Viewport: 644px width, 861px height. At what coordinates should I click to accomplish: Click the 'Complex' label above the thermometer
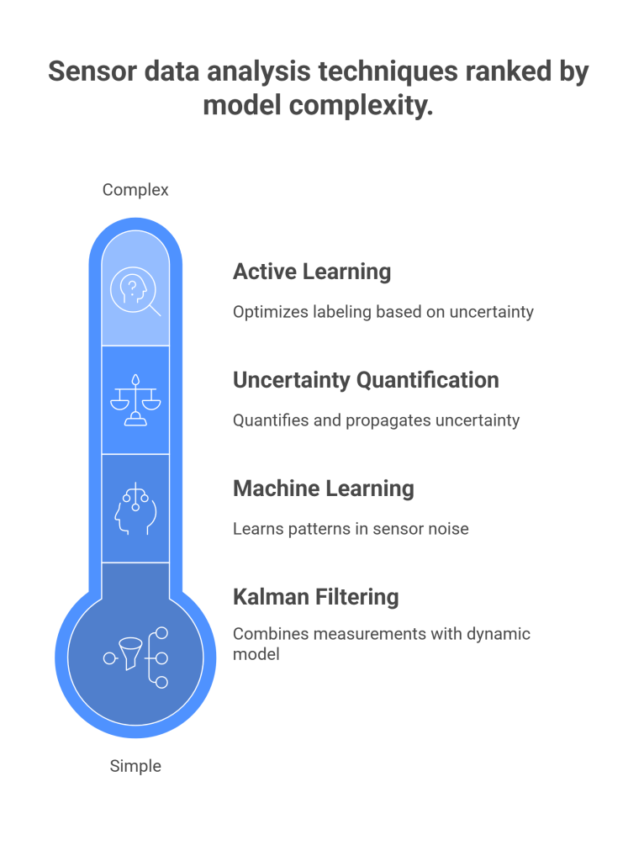point(135,190)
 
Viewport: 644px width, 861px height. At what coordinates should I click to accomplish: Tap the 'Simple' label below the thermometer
point(135,766)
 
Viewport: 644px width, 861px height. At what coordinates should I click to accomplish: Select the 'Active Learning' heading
point(312,272)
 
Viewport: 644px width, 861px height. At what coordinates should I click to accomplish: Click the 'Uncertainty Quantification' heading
point(366,380)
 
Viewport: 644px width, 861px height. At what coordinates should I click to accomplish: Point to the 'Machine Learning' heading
point(323,489)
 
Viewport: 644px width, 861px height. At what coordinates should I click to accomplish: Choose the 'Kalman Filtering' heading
point(315,597)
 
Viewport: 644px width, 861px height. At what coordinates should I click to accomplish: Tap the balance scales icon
point(135,401)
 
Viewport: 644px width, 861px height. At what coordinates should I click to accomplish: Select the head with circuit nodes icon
point(135,510)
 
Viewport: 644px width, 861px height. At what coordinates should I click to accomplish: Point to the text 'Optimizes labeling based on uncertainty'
point(383,312)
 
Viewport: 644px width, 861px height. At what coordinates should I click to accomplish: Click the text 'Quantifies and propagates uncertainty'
point(376,420)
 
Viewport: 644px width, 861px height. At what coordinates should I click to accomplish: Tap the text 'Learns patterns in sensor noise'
point(351,529)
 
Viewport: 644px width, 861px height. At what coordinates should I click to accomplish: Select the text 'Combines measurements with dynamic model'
point(381,643)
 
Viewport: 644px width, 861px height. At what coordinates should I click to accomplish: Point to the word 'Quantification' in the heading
point(427,380)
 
